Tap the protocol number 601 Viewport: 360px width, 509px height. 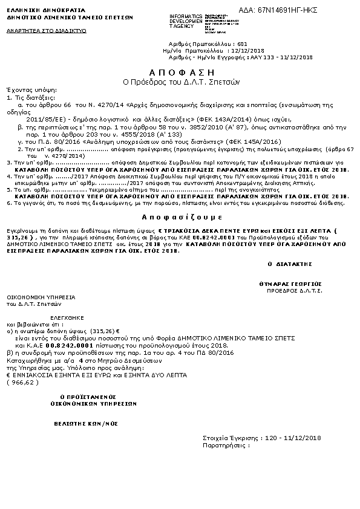[x=243, y=44]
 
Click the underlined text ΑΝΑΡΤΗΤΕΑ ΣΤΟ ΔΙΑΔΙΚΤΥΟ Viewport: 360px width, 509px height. [x=46, y=30]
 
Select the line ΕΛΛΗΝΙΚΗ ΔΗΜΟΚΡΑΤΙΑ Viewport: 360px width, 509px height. [x=38, y=11]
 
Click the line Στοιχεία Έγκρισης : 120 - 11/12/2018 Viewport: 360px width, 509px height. [x=261, y=438]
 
